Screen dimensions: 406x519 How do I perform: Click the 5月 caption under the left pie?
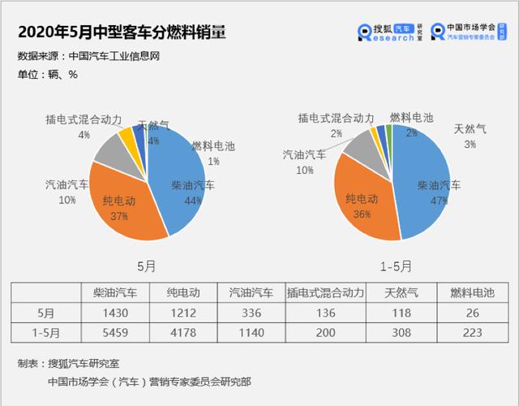pyautogui.click(x=147, y=266)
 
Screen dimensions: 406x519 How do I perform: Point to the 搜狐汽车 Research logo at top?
pyautogui.click(x=391, y=32)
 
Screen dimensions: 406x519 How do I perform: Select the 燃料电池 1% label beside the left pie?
pyautogui.click(x=213, y=153)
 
